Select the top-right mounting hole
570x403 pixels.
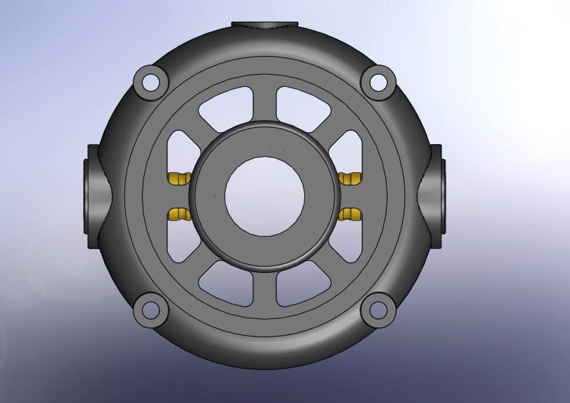(x=378, y=82)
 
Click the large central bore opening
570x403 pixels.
(x=264, y=196)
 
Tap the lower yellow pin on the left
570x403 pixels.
(x=179, y=214)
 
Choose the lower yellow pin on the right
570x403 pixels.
(x=350, y=214)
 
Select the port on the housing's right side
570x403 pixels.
(x=436, y=196)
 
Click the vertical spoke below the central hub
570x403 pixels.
(x=264, y=287)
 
